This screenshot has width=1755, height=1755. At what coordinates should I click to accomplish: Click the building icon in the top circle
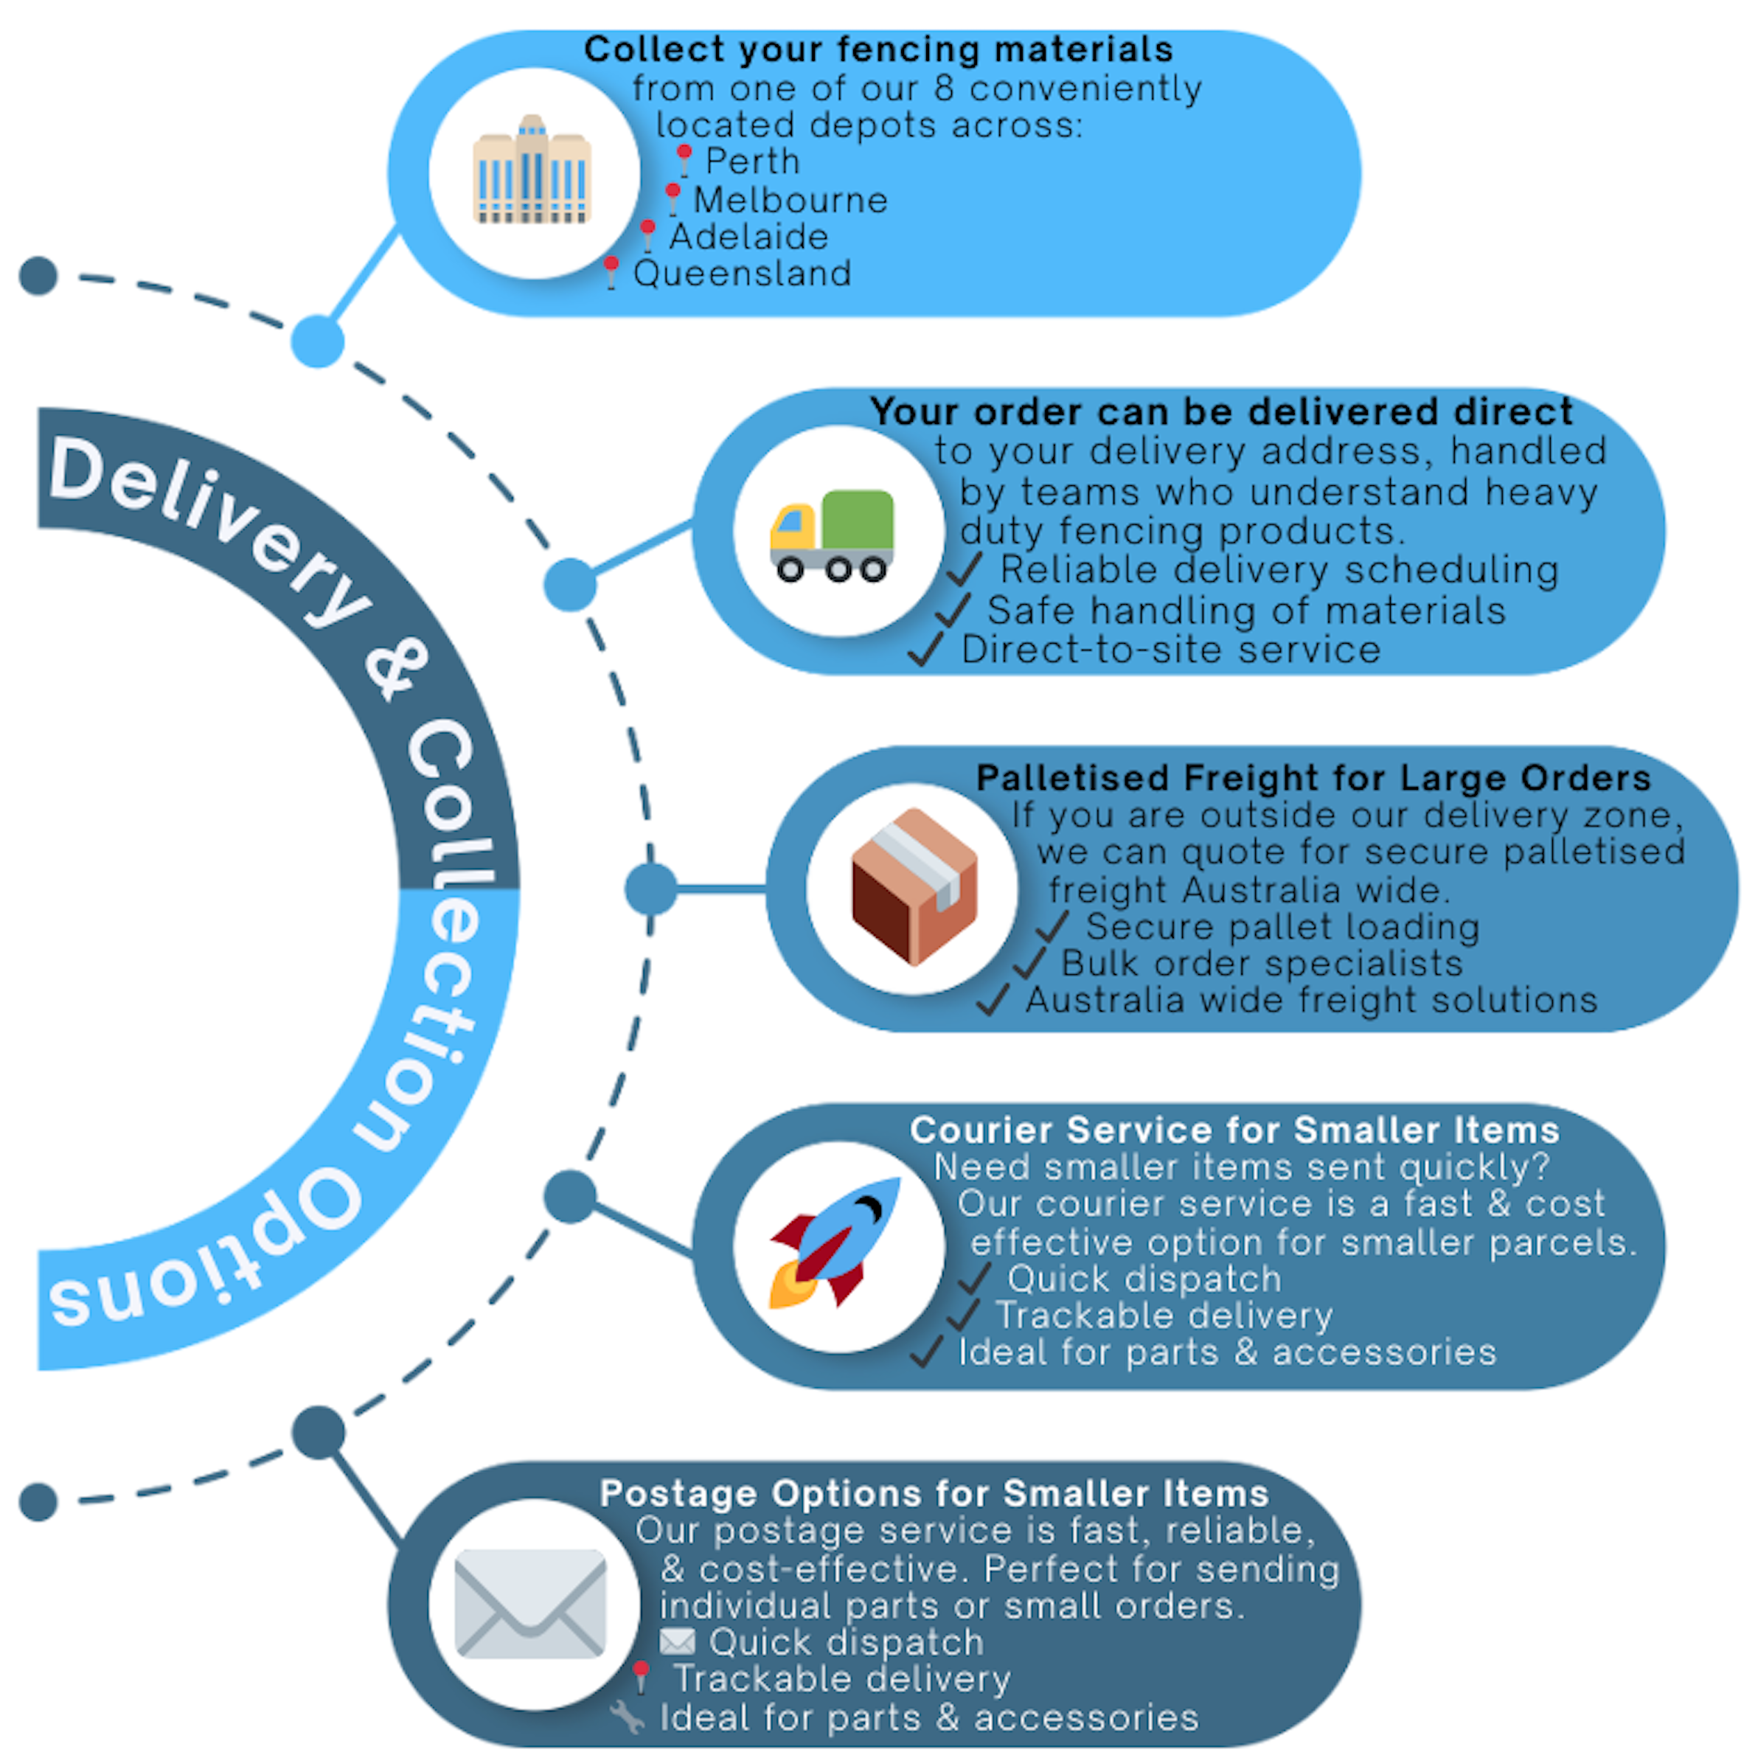coord(532,171)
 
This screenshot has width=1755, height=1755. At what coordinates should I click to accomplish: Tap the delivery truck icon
coord(832,535)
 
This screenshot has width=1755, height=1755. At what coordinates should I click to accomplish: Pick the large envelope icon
coord(530,1602)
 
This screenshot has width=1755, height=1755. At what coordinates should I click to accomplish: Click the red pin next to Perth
coord(684,160)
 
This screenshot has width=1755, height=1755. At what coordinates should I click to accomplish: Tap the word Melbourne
coord(790,200)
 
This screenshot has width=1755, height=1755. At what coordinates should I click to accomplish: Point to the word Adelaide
coord(748,237)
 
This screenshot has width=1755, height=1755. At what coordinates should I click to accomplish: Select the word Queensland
coord(742,274)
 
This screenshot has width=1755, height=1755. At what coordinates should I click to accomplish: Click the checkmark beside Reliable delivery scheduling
coord(965,571)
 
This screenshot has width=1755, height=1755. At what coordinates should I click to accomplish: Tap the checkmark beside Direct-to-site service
coord(927,650)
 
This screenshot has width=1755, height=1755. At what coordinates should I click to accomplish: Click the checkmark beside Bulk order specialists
coord(1030,964)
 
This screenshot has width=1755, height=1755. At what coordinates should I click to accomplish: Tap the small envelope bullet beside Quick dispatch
coord(677,1642)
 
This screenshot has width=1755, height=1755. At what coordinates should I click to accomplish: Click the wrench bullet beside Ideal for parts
coord(627,1717)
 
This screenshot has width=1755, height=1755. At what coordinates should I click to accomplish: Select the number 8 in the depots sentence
coord(944,89)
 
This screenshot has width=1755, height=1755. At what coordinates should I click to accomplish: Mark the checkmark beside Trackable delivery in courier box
coord(963,1316)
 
